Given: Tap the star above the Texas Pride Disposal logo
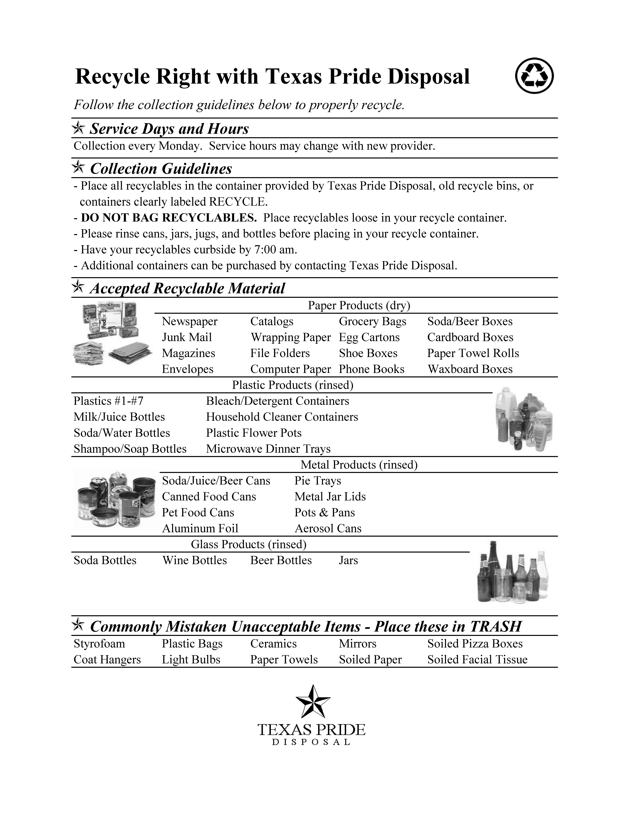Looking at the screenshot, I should (x=313, y=701).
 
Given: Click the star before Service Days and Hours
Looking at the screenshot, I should (x=78, y=128).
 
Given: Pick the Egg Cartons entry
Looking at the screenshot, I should (x=369, y=337).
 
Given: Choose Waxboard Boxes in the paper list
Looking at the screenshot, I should (x=470, y=369).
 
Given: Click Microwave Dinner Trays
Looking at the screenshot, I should (x=268, y=449).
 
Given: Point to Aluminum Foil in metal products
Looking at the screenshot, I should (x=200, y=529).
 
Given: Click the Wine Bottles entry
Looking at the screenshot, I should (x=194, y=561).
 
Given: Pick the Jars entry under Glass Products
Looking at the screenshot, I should (x=348, y=561).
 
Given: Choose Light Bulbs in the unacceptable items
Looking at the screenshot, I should (x=191, y=660).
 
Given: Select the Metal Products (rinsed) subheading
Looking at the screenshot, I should (x=359, y=465).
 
